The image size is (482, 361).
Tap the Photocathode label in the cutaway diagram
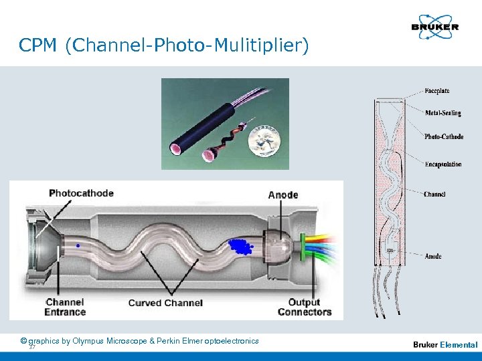[x=81, y=193]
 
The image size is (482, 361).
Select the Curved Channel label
[x=165, y=303]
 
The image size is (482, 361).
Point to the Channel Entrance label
[x=65, y=307]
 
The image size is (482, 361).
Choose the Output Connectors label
[x=305, y=307]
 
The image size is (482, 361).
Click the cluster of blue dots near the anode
[x=240, y=246]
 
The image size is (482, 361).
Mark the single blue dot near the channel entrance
[x=78, y=246]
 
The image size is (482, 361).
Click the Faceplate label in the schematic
[x=437, y=91]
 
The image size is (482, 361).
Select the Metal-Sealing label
[x=443, y=113]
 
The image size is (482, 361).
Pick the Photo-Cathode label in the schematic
[x=444, y=137]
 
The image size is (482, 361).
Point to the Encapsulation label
[x=443, y=164]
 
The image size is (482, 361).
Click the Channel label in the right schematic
[x=434, y=195]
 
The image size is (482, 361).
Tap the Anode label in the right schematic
[x=432, y=256]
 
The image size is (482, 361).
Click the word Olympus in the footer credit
[x=87, y=341]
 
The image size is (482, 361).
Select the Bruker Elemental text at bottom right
[x=445, y=345]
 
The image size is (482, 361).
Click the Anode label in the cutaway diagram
[x=283, y=195]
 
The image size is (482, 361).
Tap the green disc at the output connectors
[x=303, y=244]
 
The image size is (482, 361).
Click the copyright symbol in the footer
[x=23, y=341]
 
